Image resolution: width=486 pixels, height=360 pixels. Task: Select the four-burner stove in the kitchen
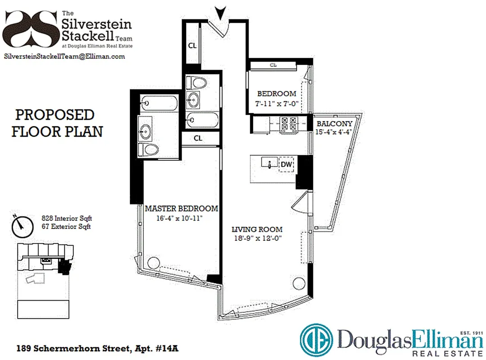(x=288, y=126)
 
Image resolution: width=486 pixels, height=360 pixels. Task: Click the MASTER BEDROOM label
(x=181, y=209)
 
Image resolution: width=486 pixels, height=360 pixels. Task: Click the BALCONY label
(x=334, y=124)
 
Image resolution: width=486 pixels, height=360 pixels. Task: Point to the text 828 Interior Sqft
(x=66, y=218)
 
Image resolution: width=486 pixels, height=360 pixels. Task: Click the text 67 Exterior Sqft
(x=66, y=226)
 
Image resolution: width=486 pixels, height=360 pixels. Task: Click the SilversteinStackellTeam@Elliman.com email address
(x=64, y=56)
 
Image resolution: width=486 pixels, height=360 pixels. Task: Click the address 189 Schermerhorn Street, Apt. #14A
(x=100, y=348)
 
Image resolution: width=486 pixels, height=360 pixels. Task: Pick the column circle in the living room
(x=298, y=283)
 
